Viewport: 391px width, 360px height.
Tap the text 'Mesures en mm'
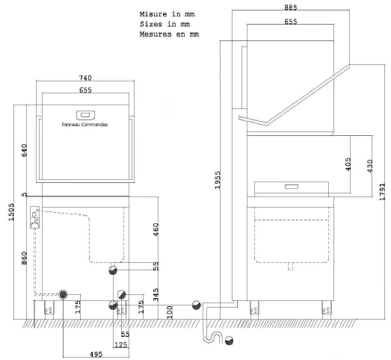[x=169, y=34]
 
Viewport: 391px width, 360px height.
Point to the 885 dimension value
[x=290, y=8]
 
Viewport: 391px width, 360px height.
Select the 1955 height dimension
[x=218, y=179]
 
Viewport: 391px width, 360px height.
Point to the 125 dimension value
[x=120, y=344]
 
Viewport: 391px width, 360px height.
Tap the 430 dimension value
[x=366, y=166]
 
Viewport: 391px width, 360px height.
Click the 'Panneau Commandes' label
[x=84, y=125]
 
